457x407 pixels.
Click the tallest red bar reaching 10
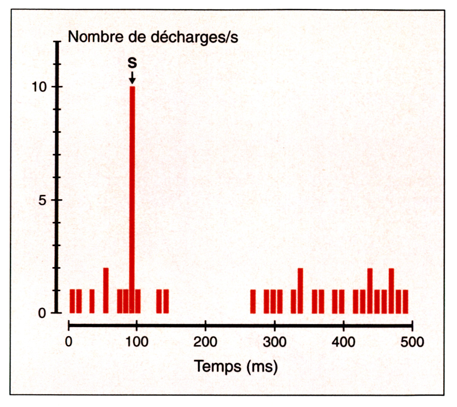[x=132, y=200]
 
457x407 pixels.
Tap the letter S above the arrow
[x=132, y=63]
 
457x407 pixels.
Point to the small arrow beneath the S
[x=132, y=78]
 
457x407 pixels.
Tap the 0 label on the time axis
[x=69, y=342]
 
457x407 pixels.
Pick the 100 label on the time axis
[x=137, y=342]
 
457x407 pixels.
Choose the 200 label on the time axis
[x=205, y=342]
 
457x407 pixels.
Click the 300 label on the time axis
[x=274, y=342]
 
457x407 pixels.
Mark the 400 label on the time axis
[x=343, y=342]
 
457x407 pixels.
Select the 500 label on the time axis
[x=411, y=342]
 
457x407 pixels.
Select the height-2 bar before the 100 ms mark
[x=106, y=291]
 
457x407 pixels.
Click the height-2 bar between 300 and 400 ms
[x=300, y=291]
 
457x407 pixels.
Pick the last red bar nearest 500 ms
[x=405, y=301]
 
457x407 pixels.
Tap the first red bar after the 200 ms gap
[x=253, y=301]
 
